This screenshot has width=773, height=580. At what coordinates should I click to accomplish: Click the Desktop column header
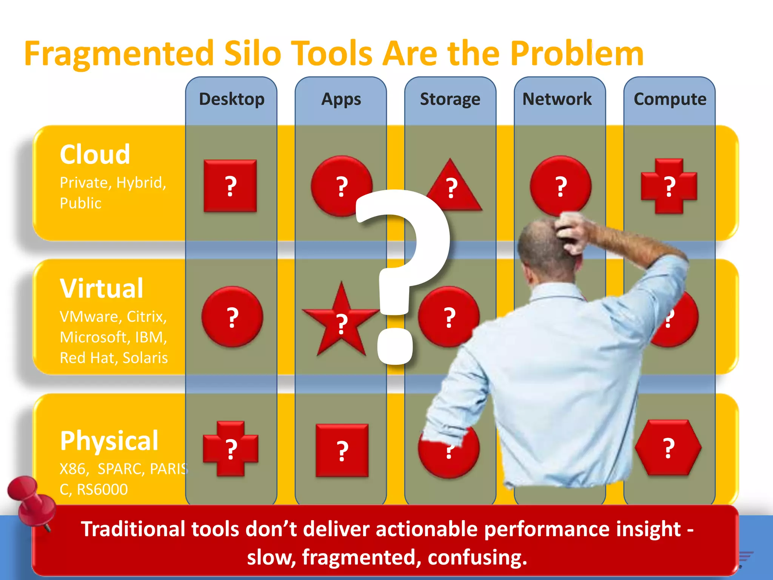point(231,99)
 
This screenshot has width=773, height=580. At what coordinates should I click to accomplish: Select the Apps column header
point(341,99)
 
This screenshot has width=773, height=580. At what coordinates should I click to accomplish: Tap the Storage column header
point(450,99)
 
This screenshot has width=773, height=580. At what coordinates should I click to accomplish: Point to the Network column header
point(557,99)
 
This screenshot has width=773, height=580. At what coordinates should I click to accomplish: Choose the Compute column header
point(670,99)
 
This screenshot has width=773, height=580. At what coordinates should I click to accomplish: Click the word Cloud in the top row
point(95,154)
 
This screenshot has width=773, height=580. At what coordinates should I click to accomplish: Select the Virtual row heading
point(102,288)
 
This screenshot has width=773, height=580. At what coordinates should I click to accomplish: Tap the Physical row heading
point(109,441)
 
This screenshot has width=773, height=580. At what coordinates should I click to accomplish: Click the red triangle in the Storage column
point(453,189)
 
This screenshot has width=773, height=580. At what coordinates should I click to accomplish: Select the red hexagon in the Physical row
point(668,448)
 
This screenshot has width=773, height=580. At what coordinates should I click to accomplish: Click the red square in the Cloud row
point(230,186)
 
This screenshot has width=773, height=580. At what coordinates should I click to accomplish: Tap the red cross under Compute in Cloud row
point(669,186)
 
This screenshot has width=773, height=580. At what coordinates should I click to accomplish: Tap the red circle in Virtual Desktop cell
point(232,316)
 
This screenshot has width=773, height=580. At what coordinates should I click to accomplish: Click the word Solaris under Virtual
point(145,358)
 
